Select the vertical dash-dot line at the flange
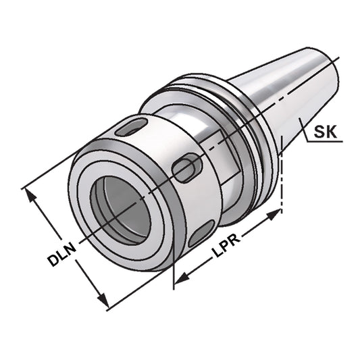tap(281, 182)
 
